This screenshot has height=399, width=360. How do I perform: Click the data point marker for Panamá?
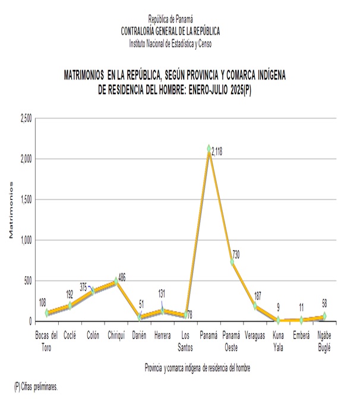[209, 148]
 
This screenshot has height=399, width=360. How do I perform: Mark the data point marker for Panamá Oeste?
[232, 262]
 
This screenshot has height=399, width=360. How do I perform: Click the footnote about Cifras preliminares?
[36, 387]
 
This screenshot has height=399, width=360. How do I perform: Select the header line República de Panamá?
[170, 19]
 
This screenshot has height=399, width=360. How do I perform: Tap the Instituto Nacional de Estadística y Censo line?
[170, 43]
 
